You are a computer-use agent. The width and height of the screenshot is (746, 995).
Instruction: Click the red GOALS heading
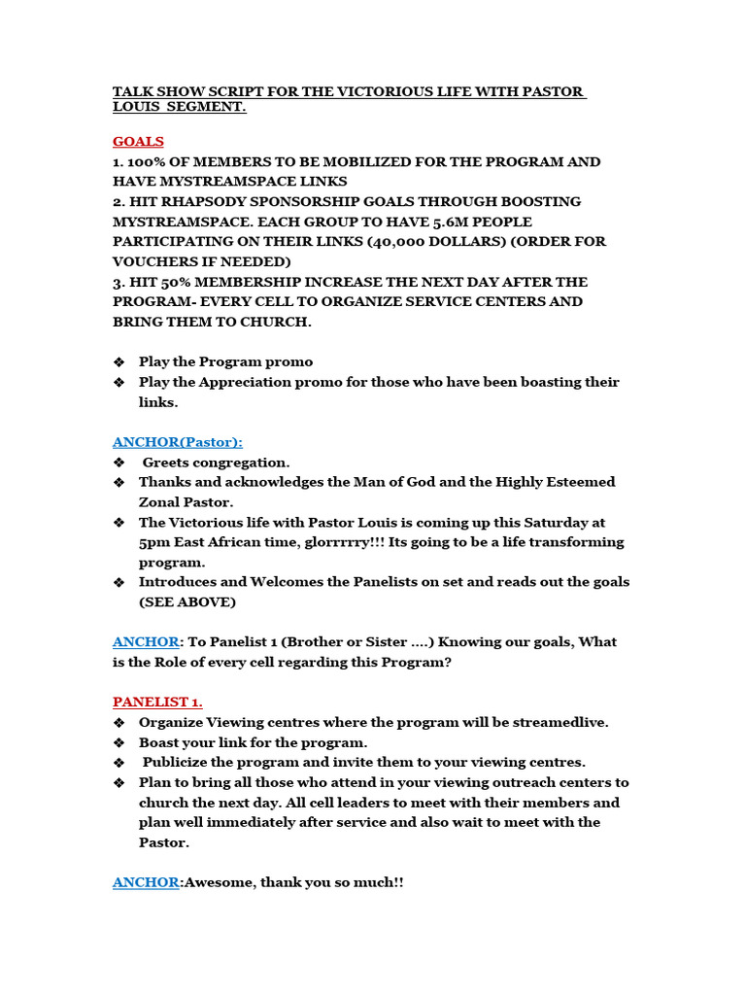coord(138,141)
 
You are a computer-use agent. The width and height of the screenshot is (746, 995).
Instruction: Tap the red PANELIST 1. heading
coord(157,702)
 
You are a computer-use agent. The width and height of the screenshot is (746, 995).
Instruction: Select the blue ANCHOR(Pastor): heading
coord(178,441)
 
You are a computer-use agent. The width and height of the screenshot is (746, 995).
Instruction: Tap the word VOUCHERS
coord(156,261)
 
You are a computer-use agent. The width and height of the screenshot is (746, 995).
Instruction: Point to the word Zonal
coord(162,502)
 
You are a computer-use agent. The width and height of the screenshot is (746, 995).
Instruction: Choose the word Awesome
coord(219,882)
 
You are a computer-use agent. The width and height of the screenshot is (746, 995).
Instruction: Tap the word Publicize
coord(182,762)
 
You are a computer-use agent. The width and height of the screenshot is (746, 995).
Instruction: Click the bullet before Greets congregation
coord(119,463)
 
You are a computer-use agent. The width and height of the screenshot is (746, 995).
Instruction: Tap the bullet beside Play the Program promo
coord(119,361)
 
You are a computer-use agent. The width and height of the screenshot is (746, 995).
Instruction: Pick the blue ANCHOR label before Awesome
coord(146,882)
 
